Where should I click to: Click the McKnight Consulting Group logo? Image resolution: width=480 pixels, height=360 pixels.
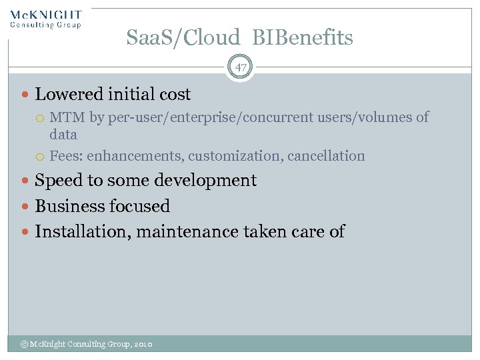click(45, 19)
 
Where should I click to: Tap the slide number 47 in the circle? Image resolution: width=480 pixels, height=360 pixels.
click(240, 67)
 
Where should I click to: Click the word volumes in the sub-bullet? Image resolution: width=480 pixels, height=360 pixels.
click(399, 118)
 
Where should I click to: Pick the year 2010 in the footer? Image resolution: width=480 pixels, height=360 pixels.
click(143, 344)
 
